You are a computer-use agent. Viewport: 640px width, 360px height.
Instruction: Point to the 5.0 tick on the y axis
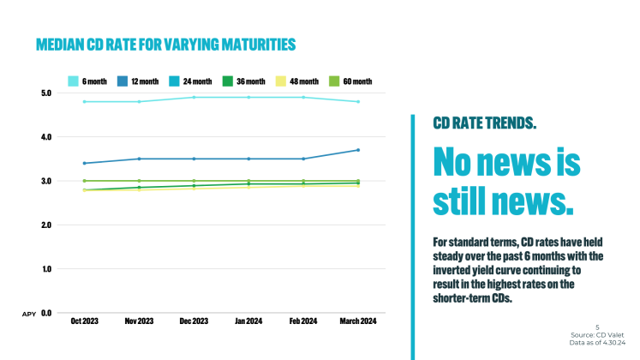click(x=46, y=93)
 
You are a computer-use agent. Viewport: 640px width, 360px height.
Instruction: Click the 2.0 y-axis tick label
click(x=46, y=225)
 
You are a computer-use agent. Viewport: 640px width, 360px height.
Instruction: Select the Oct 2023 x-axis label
click(x=85, y=321)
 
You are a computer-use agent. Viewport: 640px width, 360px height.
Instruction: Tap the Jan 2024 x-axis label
click(x=248, y=321)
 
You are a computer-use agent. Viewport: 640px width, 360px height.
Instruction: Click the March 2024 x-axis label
click(x=357, y=321)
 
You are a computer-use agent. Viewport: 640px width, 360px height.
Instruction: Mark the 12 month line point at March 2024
click(x=357, y=150)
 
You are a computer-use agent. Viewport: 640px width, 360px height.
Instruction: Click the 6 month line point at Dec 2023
click(x=194, y=97)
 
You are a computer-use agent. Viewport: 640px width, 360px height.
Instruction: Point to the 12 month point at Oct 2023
click(x=84, y=163)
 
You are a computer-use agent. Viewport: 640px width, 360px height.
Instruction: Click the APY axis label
click(x=27, y=315)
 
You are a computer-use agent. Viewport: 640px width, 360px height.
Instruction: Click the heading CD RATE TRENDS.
click(x=485, y=123)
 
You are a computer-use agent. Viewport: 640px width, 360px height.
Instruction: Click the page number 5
click(x=597, y=327)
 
